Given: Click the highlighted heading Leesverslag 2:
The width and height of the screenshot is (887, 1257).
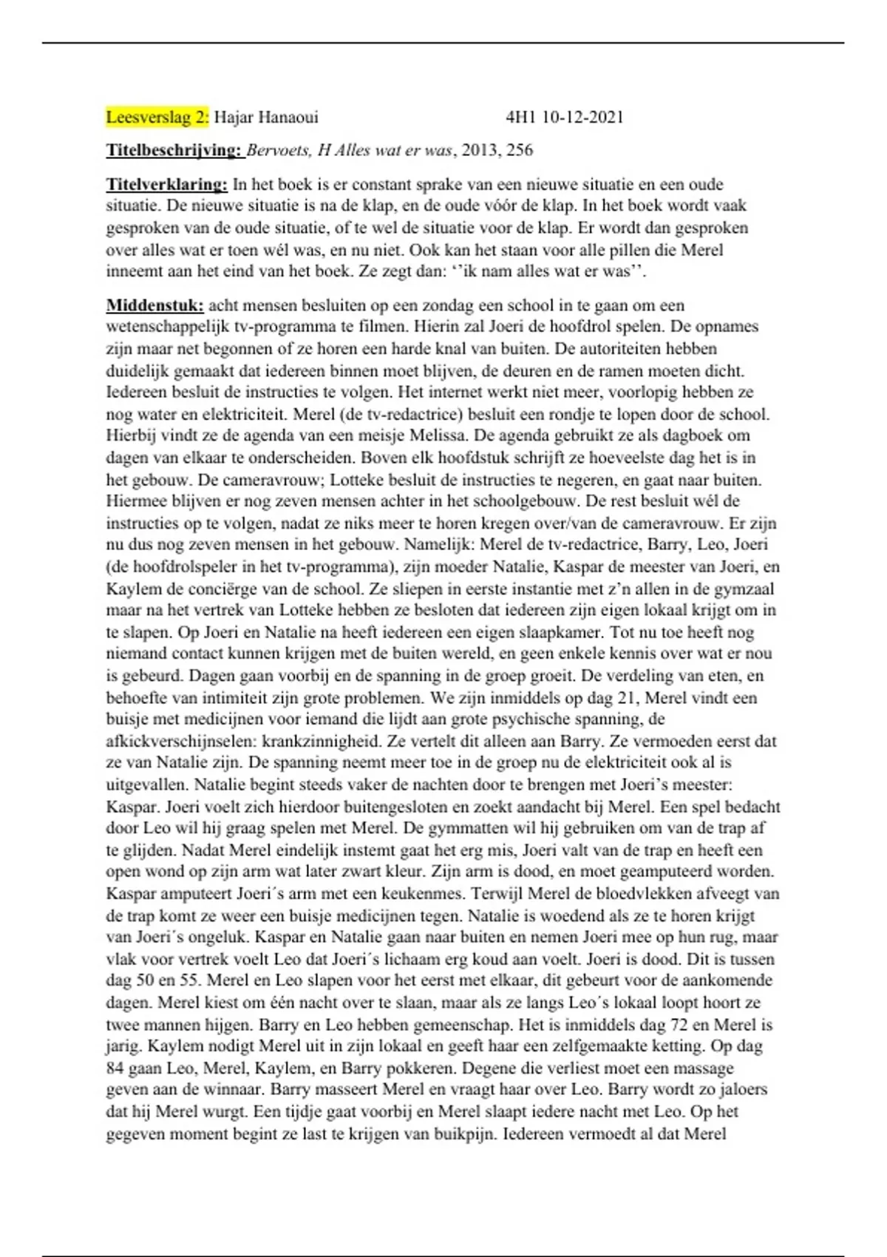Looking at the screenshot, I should [x=157, y=117].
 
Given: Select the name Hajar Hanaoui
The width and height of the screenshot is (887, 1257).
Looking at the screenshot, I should [x=266, y=117].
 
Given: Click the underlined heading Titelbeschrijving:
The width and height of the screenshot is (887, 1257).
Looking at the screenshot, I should [x=174, y=151].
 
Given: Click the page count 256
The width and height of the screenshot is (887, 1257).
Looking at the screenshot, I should [x=520, y=151].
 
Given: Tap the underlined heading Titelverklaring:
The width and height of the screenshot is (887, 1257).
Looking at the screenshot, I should [x=167, y=184].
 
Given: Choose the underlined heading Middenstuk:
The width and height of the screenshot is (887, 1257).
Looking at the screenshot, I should [x=155, y=305].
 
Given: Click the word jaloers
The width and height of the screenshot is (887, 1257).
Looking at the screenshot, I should [x=740, y=1089].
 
